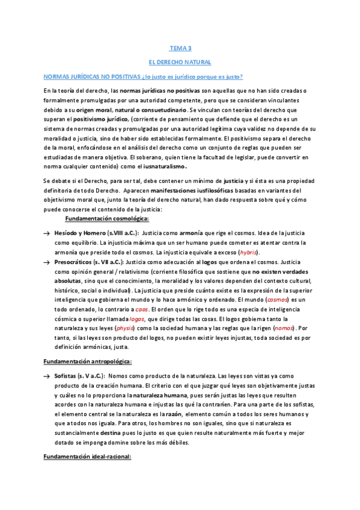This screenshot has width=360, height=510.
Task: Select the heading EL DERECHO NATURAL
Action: click(x=180, y=62)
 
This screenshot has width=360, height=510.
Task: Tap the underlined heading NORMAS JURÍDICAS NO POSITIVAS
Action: click(x=99, y=77)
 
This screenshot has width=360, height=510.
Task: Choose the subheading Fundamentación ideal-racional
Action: click(x=87, y=457)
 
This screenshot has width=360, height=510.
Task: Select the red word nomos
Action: click(x=284, y=328)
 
